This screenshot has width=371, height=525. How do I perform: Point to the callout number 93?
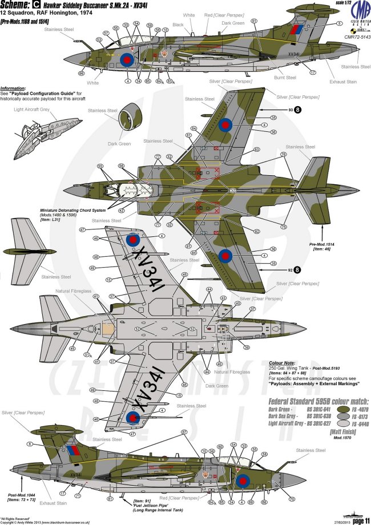click(x=289, y=109)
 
